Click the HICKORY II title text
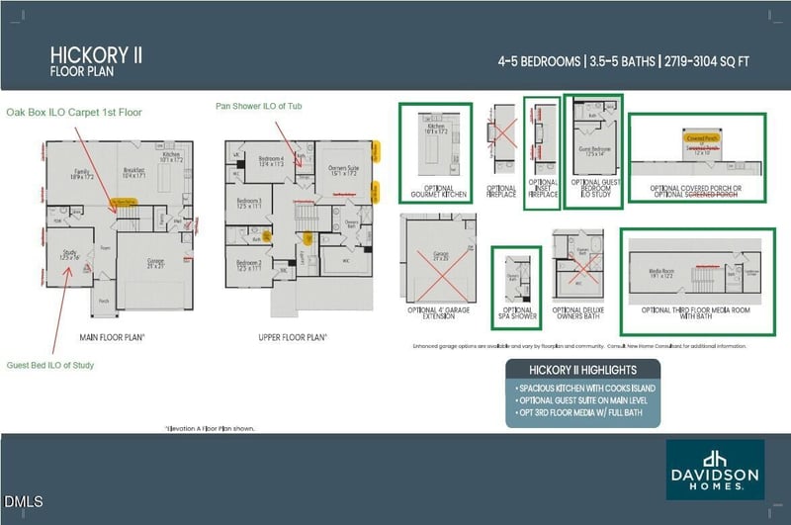pos(96,54)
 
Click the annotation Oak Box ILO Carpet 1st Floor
pos(73,113)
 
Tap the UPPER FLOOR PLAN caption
pos(293,337)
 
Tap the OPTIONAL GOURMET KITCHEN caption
pos(433,190)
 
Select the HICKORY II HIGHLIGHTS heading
pos(582,369)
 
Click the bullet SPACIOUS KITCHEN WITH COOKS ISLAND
pos(585,388)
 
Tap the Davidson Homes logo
pos(714,470)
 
